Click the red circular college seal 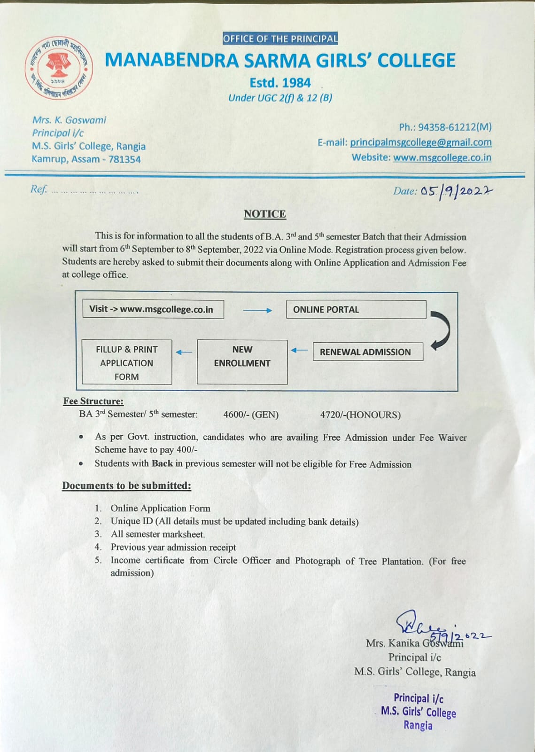(x=59, y=68)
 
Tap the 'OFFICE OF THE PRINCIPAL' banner (x=280, y=39)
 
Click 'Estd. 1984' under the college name (x=280, y=83)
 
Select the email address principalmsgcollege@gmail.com (x=420, y=142)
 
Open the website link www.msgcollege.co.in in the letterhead (x=442, y=157)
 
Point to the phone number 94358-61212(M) (x=454, y=127)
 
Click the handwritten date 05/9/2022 (x=456, y=192)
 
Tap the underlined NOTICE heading (x=264, y=214)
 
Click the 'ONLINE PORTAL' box (x=356, y=310)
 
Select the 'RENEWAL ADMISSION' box (x=367, y=352)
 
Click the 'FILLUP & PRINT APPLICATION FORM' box (x=126, y=362)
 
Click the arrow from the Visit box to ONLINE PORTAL (x=257, y=310)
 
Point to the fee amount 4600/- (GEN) (x=251, y=415)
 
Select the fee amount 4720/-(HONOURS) (x=360, y=415)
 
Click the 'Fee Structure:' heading (x=93, y=401)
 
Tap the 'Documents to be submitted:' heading (x=126, y=486)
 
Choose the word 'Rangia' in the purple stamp (x=418, y=725)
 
